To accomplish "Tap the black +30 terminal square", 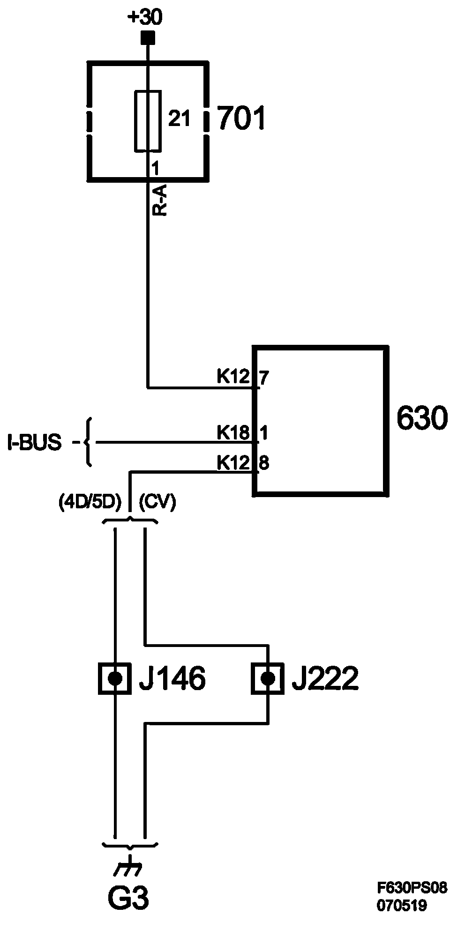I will pos(148,37).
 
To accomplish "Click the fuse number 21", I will pos(179,120).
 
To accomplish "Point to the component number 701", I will pos(241,119).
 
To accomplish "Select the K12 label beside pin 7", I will pos(233,376).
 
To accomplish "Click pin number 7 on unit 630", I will pos(264,378).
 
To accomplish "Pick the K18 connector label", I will pos(233,432).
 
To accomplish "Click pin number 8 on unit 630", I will pos(264,463).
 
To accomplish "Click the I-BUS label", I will pos(34,443).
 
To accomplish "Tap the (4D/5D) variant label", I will pos(90,503).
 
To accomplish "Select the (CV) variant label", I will pos(157,503).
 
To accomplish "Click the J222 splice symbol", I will pos(268,678).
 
